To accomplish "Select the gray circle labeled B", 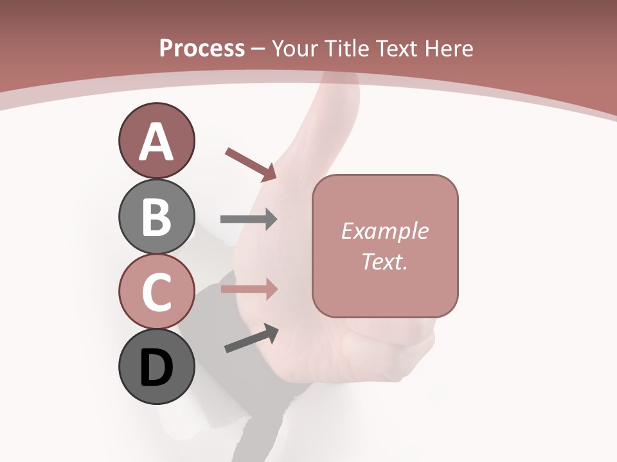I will tap(156, 216).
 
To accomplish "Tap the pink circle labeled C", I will tap(156, 291).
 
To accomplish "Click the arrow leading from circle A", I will tap(251, 164).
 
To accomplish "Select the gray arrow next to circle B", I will tap(249, 219).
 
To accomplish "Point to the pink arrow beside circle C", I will tap(249, 289).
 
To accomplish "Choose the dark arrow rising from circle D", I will tap(251, 338).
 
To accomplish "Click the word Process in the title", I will tap(202, 48).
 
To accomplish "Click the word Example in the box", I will tap(385, 231).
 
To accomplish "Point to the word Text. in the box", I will tap(385, 261).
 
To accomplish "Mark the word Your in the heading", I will tap(297, 48).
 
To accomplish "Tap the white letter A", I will tap(157, 142).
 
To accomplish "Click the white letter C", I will tap(157, 293).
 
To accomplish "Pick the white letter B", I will tap(157, 217).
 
